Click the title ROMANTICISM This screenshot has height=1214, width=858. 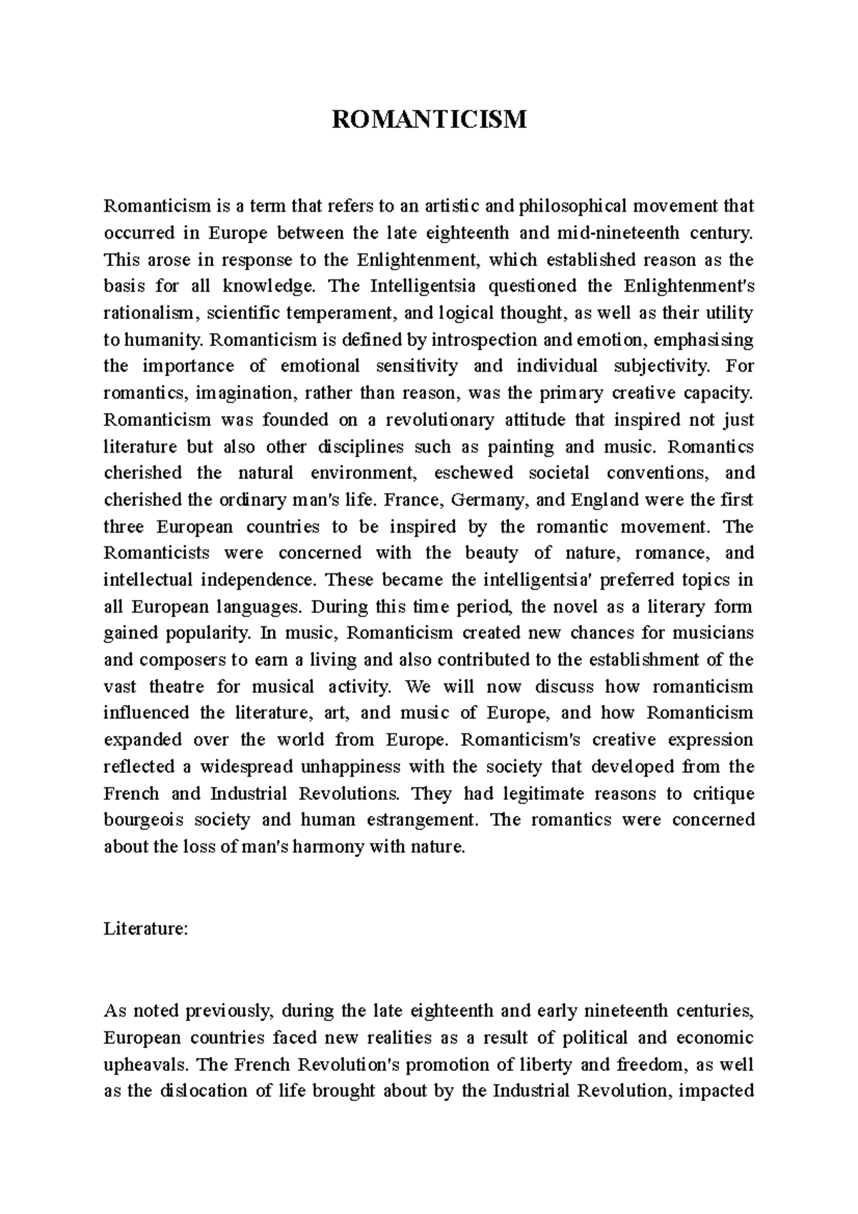coord(429,119)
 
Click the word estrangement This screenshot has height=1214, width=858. coord(413,819)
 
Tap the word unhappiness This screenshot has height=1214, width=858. coord(340,766)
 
